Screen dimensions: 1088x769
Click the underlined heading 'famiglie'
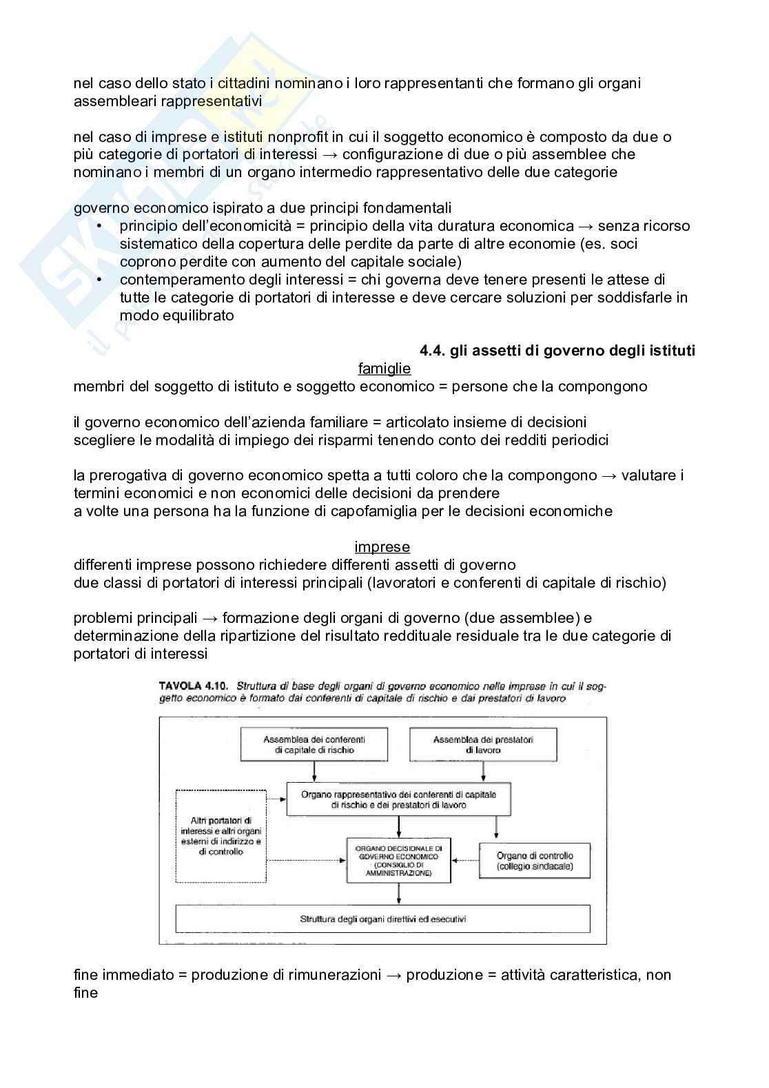[384, 369]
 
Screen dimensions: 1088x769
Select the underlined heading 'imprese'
[382, 547]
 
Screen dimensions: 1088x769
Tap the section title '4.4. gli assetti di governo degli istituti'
[557, 351]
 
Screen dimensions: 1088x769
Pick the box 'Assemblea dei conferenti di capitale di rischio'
[314, 745]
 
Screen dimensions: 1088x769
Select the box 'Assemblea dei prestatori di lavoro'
[483, 745]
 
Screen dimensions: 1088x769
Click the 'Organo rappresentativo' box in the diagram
[398, 799]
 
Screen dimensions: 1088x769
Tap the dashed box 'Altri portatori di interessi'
[221, 836]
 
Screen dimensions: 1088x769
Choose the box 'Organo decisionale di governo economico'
[398, 860]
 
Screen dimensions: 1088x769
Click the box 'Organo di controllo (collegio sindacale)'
[535, 861]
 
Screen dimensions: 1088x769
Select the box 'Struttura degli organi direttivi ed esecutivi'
[383, 919]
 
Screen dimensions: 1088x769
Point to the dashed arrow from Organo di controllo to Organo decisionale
[465, 860]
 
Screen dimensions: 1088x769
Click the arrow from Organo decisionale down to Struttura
[399, 894]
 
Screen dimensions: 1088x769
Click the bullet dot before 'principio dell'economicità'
[100, 226]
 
